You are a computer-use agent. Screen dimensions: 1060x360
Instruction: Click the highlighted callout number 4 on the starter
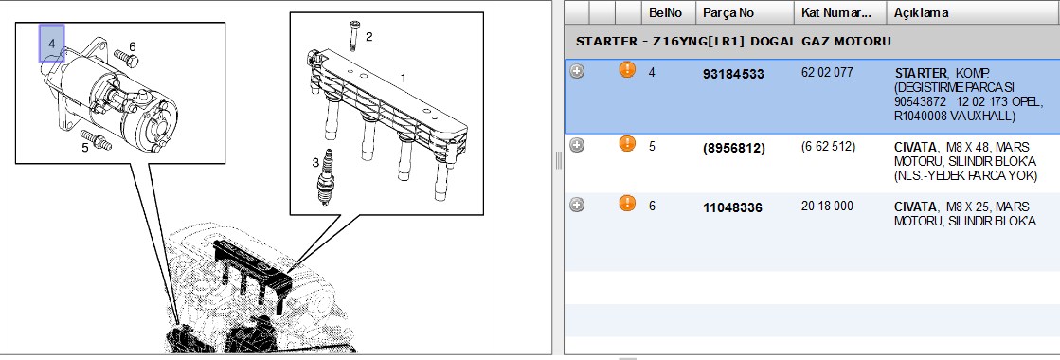click(51, 43)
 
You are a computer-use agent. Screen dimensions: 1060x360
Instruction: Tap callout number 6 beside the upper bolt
click(133, 46)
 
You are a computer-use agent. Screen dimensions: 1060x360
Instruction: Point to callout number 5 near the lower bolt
click(85, 147)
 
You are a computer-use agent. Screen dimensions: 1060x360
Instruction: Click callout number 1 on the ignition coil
click(404, 78)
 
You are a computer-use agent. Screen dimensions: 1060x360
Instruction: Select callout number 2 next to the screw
click(369, 37)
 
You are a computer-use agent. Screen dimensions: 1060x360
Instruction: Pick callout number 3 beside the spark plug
click(315, 162)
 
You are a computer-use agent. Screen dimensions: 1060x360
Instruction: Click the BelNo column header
click(665, 13)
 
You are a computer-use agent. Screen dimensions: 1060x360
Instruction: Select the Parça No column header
click(728, 13)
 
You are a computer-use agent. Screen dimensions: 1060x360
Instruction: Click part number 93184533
click(733, 74)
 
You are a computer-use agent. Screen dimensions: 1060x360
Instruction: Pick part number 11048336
click(733, 207)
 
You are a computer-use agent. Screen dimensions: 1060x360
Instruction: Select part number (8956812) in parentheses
click(734, 148)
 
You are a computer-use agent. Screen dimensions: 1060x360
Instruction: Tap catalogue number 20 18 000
click(828, 206)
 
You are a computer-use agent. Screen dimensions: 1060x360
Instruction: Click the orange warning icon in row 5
click(627, 143)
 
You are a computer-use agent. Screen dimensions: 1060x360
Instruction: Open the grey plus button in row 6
click(577, 205)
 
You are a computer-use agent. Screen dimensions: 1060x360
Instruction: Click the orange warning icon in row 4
click(627, 70)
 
